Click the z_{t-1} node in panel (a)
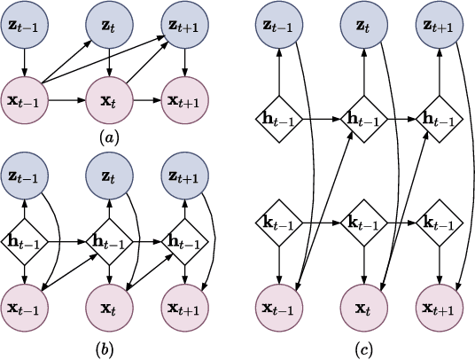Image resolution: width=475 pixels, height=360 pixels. (x=26, y=25)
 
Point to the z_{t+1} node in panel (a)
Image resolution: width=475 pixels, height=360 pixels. (x=185, y=25)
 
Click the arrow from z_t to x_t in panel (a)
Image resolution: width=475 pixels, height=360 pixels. (x=108, y=62)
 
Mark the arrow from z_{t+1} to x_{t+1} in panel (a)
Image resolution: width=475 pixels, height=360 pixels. (x=185, y=62)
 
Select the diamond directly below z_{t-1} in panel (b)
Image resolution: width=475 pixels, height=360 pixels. (x=26, y=240)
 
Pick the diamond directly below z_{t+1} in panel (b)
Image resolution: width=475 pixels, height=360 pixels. (x=185, y=240)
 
